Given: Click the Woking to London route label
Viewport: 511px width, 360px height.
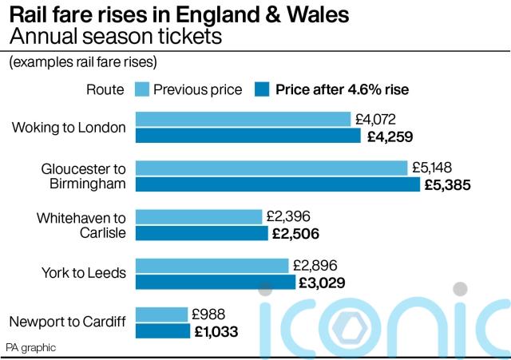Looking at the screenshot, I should click(x=69, y=128).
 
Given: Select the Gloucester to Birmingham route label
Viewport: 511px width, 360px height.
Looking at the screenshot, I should click(x=83, y=176).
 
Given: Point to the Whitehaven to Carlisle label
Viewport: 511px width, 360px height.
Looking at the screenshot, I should click(x=81, y=225).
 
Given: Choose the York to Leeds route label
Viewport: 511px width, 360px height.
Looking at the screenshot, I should click(x=84, y=273).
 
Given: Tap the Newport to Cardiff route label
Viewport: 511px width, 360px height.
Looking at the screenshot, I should click(x=68, y=322).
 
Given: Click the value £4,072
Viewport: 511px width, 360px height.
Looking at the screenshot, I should click(x=375, y=120).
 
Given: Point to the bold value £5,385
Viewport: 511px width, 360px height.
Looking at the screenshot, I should click(x=448, y=185).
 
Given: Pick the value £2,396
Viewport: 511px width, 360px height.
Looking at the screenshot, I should click(x=288, y=216).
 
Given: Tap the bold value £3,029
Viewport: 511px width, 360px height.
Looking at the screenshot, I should click(x=322, y=282).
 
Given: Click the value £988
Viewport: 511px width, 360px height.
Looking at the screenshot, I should click(x=209, y=314).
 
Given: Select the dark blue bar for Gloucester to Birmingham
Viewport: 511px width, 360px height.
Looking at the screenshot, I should click(x=277, y=184).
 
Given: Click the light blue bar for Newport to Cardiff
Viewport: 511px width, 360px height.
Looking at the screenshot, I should click(x=161, y=314).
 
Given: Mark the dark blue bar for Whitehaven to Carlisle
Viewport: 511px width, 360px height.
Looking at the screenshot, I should click(x=201, y=233).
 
